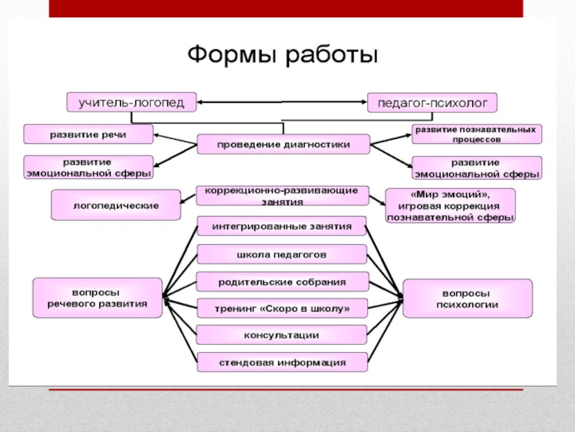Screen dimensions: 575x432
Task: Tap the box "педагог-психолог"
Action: pyautogui.click(x=433, y=102)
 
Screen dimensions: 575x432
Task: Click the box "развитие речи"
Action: pyautogui.click(x=88, y=134)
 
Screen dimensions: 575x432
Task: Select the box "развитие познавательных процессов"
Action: pyautogui.click(x=477, y=134)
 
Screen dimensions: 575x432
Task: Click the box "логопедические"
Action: pyautogui.click(x=116, y=205)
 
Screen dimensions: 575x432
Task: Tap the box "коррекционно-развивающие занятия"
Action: pyautogui.click(x=282, y=196)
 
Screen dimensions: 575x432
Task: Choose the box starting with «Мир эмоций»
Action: pyautogui.click(x=451, y=205)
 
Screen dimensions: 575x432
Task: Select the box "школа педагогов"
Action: pyautogui.click(x=282, y=254)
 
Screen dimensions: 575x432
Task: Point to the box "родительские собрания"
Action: pyautogui.click(x=282, y=282)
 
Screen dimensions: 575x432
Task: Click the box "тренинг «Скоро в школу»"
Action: pyautogui.click(x=282, y=308)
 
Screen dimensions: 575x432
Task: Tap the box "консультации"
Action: pyautogui.click(x=282, y=335)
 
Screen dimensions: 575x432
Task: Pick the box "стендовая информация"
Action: pyautogui.click(x=282, y=362)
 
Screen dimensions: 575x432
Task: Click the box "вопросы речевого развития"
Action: pyautogui.click(x=97, y=298)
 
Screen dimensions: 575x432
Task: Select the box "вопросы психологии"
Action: pyautogui.click(x=467, y=298)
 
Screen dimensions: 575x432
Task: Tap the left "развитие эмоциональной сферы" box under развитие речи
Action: pyautogui.click(x=88, y=167)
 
